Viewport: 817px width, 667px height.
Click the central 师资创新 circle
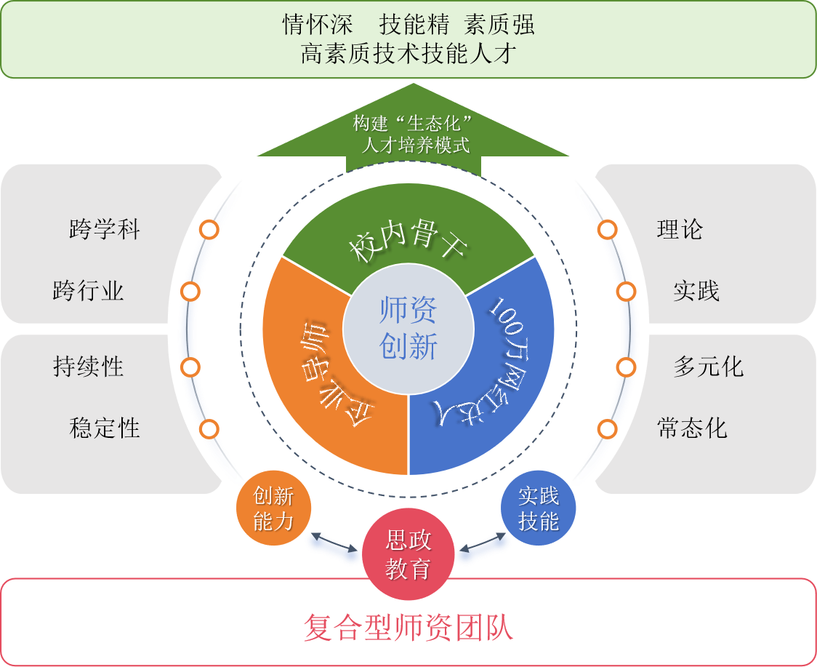coord(408,327)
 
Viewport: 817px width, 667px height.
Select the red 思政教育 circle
coord(408,554)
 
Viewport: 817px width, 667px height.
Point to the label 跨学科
coord(105,230)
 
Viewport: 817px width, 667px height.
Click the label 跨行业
coord(89,291)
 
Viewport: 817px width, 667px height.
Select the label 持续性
coord(89,366)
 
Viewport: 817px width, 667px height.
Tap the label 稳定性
coord(105,428)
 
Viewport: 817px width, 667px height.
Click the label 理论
coord(680,230)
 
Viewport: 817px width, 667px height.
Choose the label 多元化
coord(708,366)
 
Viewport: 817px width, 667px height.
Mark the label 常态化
coord(692,428)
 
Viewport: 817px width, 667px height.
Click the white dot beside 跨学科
coord(209,230)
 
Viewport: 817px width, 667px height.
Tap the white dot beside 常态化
coord(607,429)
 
